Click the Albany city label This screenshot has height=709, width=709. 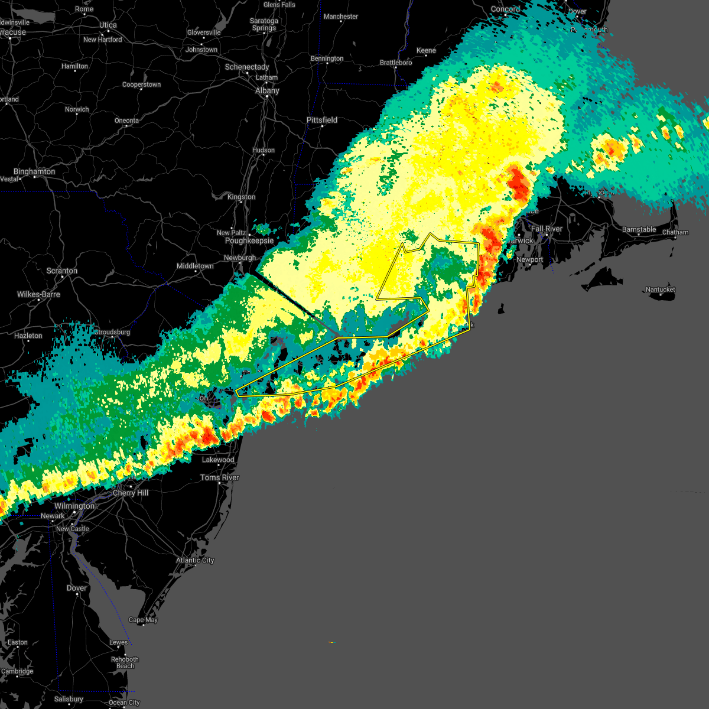[267, 91]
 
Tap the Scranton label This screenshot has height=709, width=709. [62, 271]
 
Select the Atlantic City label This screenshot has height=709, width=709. [195, 560]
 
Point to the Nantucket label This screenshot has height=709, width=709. [660, 290]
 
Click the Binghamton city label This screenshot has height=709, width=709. [34, 171]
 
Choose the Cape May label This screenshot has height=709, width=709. [143, 620]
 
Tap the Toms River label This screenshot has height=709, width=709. [220, 477]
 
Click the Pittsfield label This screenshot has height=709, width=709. [322, 120]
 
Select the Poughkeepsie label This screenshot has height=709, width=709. [249, 241]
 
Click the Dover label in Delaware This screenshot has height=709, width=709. [77, 588]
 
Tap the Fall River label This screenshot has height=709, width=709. [547, 229]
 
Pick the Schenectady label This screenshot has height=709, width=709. [247, 67]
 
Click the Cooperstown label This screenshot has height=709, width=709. [141, 84]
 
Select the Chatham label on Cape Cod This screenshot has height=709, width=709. [675, 232]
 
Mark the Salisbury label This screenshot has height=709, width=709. [69, 699]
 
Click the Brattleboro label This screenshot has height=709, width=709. [396, 63]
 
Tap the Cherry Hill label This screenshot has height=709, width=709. [131, 493]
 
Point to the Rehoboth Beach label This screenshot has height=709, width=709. [125, 662]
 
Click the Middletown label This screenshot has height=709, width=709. [195, 266]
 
